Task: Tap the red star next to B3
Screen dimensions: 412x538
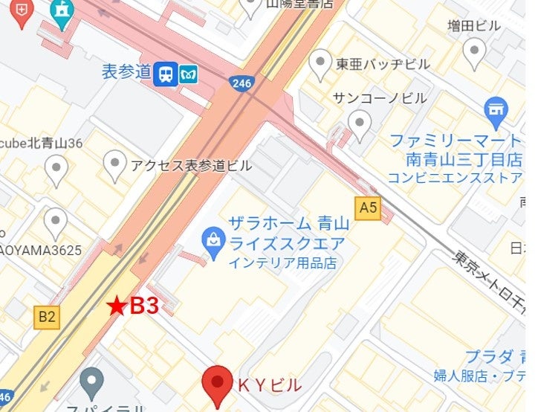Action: [116, 305]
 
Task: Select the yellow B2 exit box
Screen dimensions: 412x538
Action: [47, 318]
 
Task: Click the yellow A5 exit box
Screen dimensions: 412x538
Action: [368, 209]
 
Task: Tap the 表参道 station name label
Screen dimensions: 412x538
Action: [126, 72]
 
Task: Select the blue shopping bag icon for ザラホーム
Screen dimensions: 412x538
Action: [214, 242]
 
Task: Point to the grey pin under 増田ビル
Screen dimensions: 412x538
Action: [473, 52]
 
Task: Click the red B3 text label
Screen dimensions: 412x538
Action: [144, 306]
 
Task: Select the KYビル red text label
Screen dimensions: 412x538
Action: [268, 385]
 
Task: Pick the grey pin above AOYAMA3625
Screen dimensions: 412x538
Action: [56, 222]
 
